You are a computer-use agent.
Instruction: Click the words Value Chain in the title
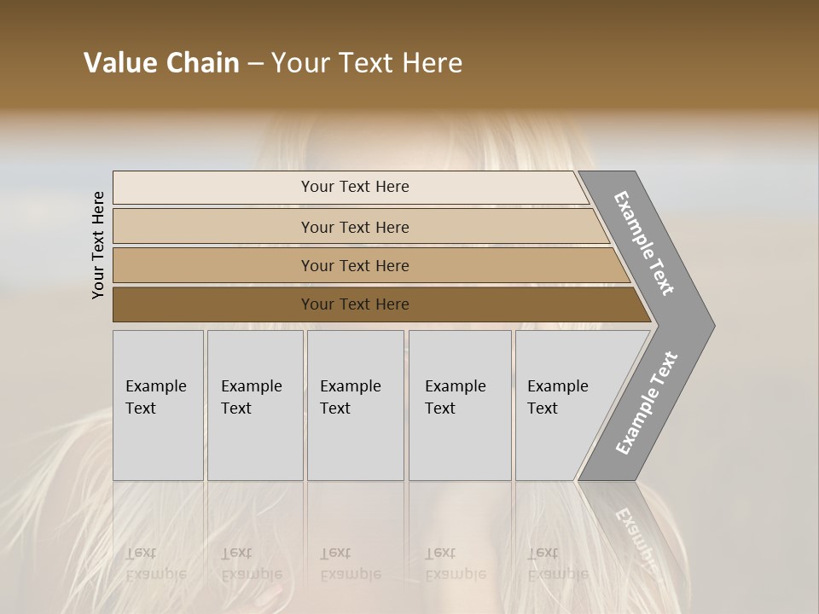tap(161, 63)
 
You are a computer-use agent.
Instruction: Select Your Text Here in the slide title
tap(367, 63)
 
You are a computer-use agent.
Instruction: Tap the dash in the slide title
tap(255, 64)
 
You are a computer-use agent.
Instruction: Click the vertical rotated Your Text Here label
tap(98, 245)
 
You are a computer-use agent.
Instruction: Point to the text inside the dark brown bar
tap(355, 304)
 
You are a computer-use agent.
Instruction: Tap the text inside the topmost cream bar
tap(355, 187)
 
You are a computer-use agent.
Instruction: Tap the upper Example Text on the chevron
tap(644, 244)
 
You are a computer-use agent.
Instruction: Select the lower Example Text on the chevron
tap(646, 403)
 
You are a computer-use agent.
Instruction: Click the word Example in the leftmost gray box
tap(155, 386)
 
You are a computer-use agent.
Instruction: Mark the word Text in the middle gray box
tap(335, 408)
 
